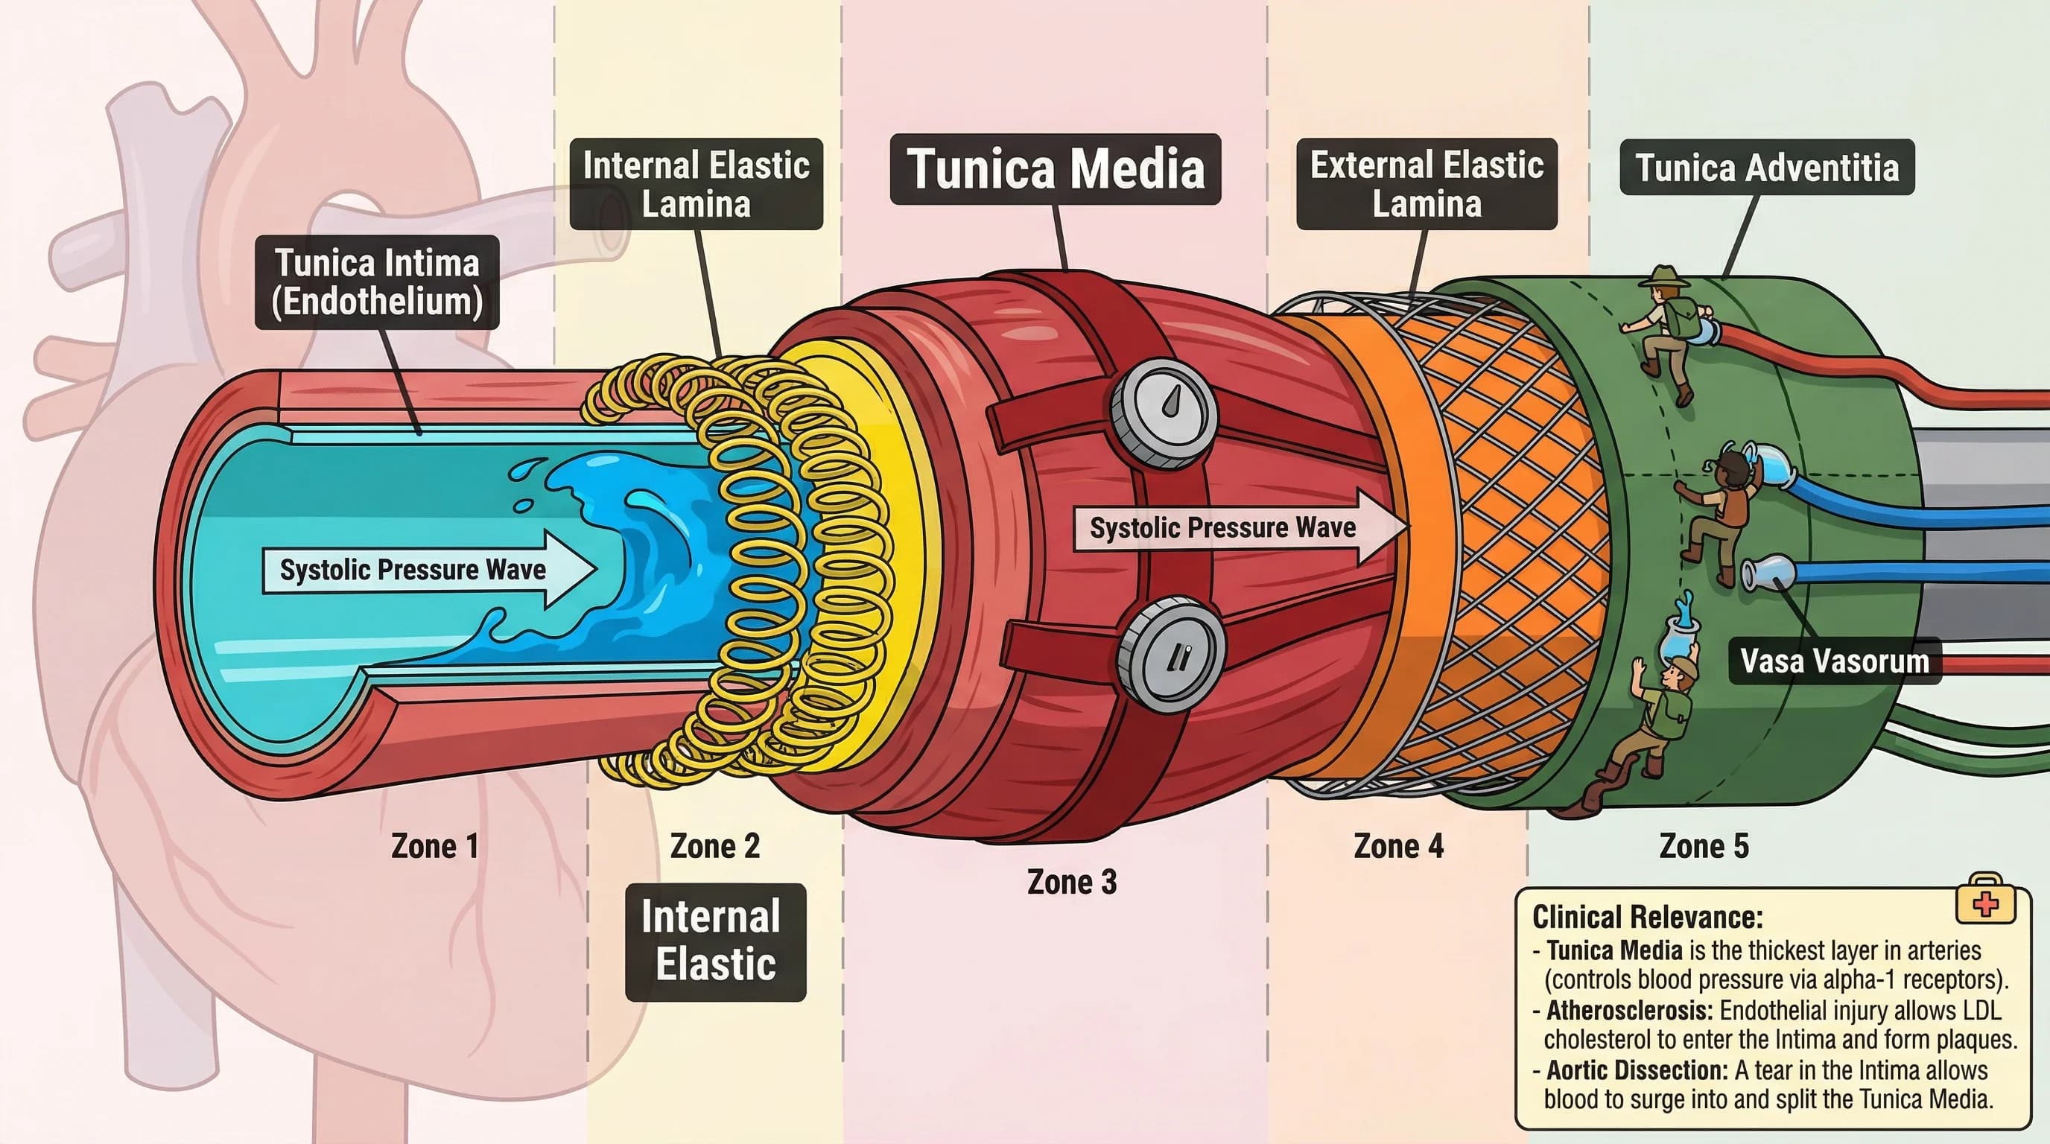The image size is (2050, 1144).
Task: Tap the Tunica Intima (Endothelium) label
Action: point(377,282)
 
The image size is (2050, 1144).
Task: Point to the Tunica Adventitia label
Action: point(1767,168)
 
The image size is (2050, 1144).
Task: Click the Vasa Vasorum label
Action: point(1834,661)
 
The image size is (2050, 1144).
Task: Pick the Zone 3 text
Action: point(1071,883)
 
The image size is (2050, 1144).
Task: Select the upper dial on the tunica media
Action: point(1164,412)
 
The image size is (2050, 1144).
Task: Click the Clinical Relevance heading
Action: point(1647,918)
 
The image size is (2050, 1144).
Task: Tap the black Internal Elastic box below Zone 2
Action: point(714,942)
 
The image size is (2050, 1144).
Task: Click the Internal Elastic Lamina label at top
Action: point(696,185)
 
